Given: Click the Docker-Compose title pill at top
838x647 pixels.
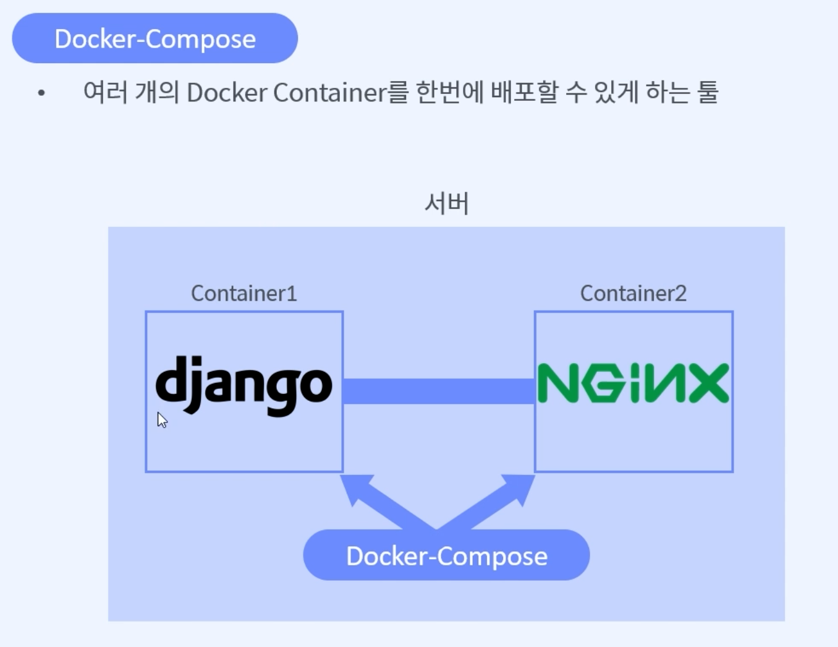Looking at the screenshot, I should tap(154, 38).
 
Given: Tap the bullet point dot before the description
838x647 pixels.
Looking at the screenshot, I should tap(41, 93).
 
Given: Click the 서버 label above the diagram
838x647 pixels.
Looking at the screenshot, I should tap(446, 203).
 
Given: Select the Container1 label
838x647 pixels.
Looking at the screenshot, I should tap(243, 293).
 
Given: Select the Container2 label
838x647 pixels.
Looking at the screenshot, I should tap(633, 293).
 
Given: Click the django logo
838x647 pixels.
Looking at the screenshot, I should tap(243, 385).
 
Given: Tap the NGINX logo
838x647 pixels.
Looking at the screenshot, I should tap(633, 383).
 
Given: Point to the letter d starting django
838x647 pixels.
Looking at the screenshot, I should tap(171, 379).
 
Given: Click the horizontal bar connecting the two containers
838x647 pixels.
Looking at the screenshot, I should tap(438, 391).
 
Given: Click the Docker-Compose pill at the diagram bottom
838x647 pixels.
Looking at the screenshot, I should tap(446, 555).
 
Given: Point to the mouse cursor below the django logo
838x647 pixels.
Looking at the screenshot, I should tap(161, 419).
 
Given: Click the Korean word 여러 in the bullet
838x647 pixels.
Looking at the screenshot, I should tap(105, 92).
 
